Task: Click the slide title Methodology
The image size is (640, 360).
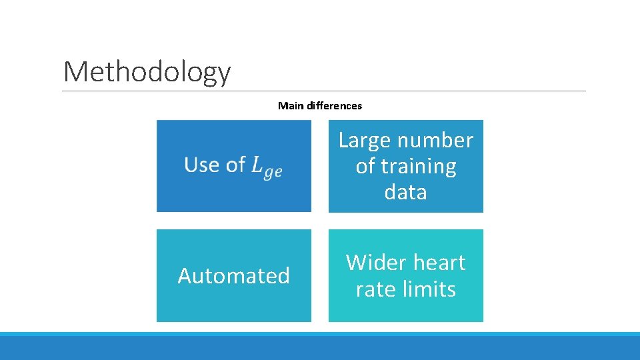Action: point(147,72)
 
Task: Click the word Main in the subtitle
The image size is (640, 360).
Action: point(289,105)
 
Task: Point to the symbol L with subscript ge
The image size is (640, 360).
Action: point(265,167)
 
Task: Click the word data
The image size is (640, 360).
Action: point(405,192)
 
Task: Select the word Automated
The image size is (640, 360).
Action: point(233,276)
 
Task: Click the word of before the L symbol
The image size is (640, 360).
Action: point(235,165)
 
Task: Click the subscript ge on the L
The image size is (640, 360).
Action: point(273,172)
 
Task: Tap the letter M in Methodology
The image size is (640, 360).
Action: point(75,72)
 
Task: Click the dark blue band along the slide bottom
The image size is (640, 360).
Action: point(320,348)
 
